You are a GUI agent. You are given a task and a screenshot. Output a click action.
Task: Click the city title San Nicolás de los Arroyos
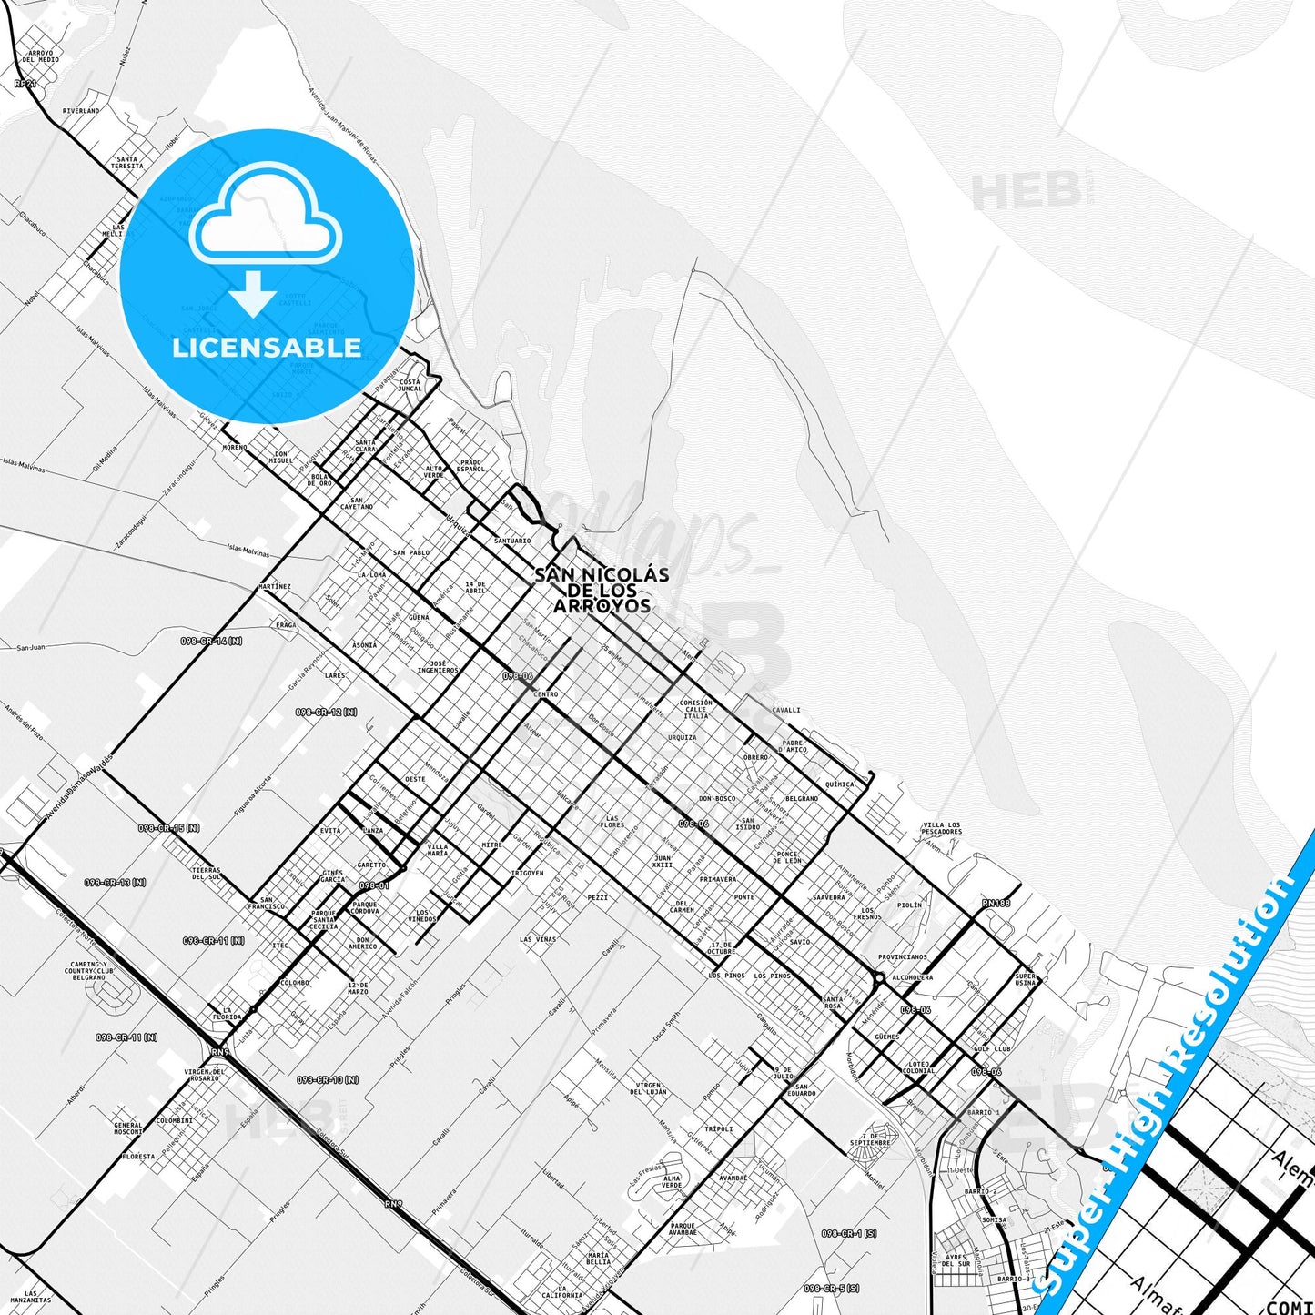click(602, 590)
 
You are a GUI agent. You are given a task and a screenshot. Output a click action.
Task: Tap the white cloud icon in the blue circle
click(265, 217)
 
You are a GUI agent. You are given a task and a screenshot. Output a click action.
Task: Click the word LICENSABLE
click(266, 347)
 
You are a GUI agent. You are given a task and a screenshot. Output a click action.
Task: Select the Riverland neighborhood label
click(81, 111)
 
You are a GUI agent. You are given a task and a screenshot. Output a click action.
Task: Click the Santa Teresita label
click(127, 163)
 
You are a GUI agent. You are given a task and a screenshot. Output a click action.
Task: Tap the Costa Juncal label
click(410, 385)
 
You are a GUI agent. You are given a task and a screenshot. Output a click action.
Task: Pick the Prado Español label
click(470, 465)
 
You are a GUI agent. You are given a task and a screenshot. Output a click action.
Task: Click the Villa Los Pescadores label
click(941, 828)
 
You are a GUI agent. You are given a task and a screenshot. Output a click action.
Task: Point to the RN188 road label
click(996, 903)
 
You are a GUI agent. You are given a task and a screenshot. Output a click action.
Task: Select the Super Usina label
click(1025, 979)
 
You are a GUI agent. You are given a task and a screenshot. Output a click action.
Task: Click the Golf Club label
click(991, 1048)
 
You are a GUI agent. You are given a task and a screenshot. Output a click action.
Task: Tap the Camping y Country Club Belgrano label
click(88, 970)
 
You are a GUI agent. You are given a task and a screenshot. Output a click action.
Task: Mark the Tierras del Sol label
click(207, 873)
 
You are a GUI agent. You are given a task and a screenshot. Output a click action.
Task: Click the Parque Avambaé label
click(683, 1229)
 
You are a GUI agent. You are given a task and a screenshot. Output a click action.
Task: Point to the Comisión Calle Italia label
click(695, 709)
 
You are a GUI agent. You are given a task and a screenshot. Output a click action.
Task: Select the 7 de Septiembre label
click(870, 1138)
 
